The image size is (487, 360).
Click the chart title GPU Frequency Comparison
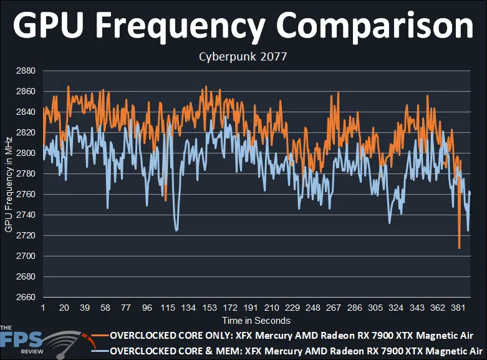coord(243,27)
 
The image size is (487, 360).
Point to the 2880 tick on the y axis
coord(26,71)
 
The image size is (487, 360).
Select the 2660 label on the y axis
coord(26,297)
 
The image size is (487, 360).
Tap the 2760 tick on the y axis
coord(26,195)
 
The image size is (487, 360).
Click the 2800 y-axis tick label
coord(26,153)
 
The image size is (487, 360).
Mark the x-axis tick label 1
coord(43,308)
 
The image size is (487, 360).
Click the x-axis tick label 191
coord(251,308)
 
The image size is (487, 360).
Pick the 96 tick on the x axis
coord(147,308)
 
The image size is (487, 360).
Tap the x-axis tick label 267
coord(334,308)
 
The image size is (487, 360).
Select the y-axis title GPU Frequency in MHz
coord(8,184)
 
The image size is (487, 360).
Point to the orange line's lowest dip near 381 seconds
coord(459,248)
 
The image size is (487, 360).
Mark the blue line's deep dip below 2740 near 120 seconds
coord(176,231)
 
